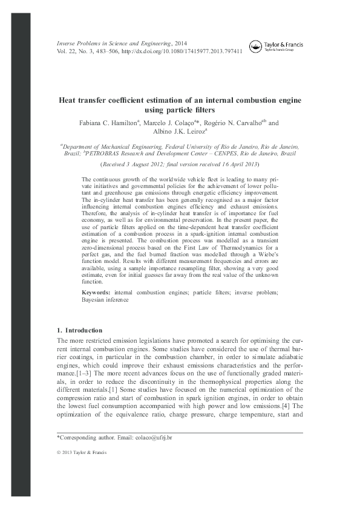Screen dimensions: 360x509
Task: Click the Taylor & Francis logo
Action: [283, 46]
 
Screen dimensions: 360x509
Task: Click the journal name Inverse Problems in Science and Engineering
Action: [114, 44]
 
